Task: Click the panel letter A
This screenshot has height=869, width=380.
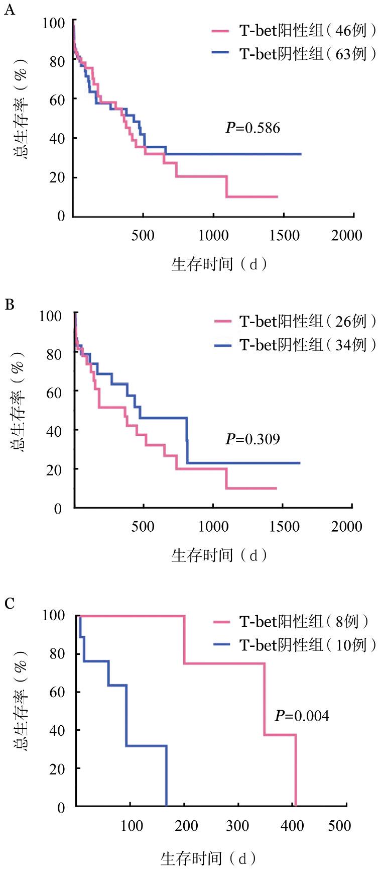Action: (9, 11)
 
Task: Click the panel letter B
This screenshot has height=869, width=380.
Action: (9, 305)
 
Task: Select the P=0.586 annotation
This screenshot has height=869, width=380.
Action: (252, 128)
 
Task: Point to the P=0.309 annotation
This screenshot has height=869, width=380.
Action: (252, 439)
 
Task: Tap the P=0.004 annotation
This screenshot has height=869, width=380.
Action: (302, 715)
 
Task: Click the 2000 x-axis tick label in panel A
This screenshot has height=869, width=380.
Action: (346, 235)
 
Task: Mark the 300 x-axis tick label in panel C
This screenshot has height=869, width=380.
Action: (237, 826)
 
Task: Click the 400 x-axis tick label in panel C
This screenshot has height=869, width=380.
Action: (292, 826)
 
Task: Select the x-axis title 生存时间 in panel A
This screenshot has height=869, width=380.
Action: (219, 264)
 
